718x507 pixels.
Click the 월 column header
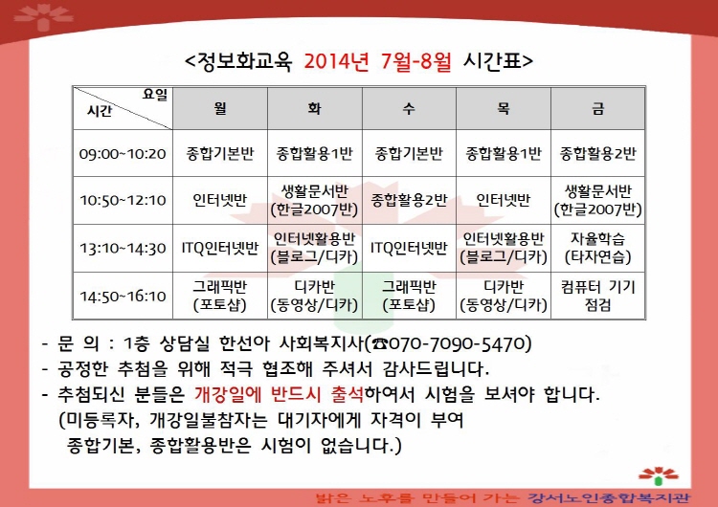tap(220, 108)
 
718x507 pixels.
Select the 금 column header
tap(598, 108)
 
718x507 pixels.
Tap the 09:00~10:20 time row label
tap(123, 153)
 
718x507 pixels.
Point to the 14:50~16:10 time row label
tap(123, 296)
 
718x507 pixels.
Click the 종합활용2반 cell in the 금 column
tap(598, 153)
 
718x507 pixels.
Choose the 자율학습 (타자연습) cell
tap(598, 248)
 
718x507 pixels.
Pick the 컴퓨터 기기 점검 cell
tap(598, 296)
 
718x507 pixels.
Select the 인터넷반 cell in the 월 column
tap(220, 200)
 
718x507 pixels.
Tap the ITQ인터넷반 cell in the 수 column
tap(409, 248)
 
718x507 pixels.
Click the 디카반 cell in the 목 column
tap(504, 296)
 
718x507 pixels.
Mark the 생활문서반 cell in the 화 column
tap(315, 200)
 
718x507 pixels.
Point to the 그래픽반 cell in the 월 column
tap(220, 296)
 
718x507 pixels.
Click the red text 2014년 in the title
tap(337, 61)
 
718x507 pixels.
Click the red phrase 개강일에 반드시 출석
tap(279, 394)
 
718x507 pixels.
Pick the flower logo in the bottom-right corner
tap(659, 475)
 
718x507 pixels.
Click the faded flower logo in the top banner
tap(43, 17)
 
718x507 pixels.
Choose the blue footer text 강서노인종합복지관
tap(609, 497)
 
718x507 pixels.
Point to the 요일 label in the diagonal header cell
tap(155, 95)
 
